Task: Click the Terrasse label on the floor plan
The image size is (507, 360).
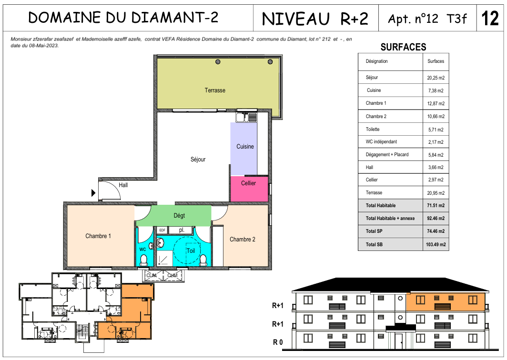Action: [215, 90]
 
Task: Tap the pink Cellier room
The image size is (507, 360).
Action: [249, 189]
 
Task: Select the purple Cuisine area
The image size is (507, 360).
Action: [244, 149]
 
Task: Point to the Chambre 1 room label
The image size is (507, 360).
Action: [98, 236]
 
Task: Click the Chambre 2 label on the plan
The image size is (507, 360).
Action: [242, 240]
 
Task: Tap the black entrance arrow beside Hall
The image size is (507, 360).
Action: [93, 193]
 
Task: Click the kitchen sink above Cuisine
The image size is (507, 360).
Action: [246, 117]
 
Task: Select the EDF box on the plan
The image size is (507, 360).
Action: [162, 230]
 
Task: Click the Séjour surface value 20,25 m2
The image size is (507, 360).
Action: [436, 78]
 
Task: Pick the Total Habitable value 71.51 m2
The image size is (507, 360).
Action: [436, 206]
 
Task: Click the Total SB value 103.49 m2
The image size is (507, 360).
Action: [436, 245]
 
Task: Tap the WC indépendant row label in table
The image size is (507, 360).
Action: [381, 141]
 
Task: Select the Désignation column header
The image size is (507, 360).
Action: [376, 61]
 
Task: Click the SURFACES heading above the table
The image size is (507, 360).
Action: [403, 47]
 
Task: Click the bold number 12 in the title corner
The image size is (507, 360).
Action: [490, 19]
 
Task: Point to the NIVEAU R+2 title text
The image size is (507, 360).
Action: [315, 19]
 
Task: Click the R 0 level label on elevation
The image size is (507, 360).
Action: [278, 342]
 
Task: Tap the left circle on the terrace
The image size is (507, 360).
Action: [218, 62]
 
